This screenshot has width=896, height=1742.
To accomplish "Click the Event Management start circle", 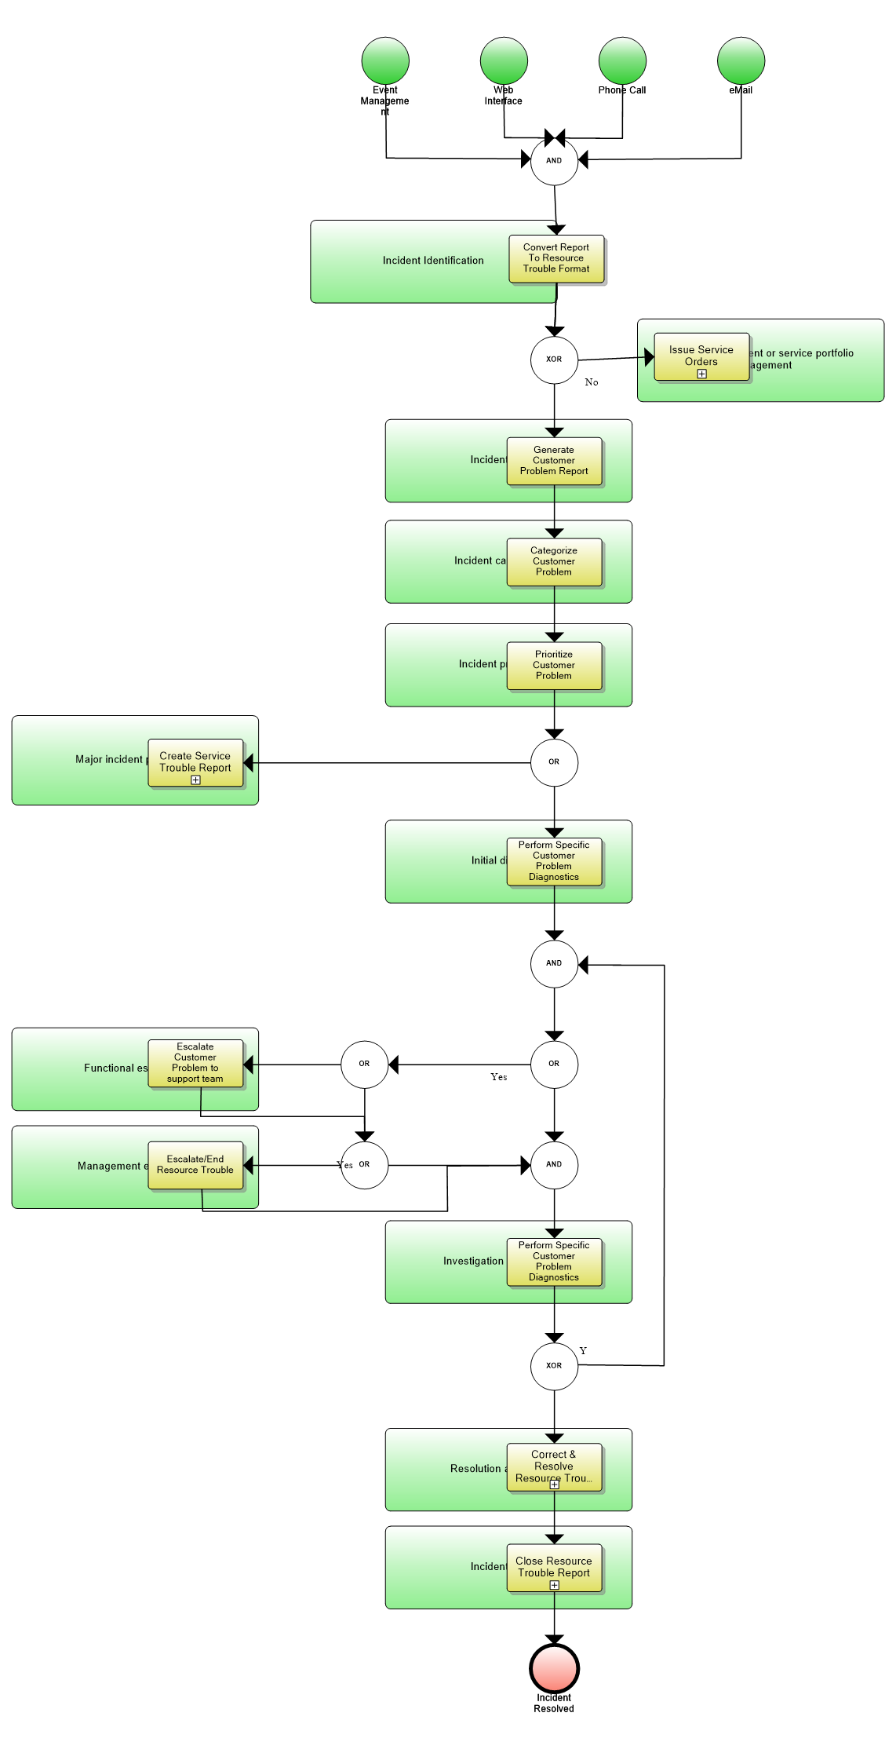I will pos(385,60).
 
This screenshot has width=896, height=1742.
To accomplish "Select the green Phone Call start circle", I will pos(622,60).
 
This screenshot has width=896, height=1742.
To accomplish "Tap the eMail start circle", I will pos(741,60).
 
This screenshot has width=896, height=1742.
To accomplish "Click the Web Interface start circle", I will pos(504,60).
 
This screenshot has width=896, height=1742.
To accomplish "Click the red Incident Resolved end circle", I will pos(554,1668).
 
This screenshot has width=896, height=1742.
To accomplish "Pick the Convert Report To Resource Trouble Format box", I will pos(556,258).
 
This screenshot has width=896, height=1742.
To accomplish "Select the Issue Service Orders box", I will pos(701,356).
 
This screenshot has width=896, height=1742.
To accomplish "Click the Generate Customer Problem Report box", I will pos(554,461).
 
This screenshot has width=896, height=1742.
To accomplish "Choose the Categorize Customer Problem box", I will pos(554,561).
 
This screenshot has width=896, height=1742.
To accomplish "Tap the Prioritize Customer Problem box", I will pos(554,665).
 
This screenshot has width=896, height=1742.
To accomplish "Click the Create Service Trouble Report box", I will pos(195,762).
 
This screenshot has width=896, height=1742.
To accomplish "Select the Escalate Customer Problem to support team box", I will pos(195,1063).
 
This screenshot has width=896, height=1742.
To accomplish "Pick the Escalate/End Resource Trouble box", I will pos(195,1164).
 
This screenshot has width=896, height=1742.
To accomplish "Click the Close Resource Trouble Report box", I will pos(554,1567).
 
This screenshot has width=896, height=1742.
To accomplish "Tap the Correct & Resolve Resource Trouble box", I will pos(554,1466).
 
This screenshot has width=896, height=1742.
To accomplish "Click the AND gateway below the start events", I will pos(554,161).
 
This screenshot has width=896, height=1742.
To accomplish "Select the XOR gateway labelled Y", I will pos(554,1366).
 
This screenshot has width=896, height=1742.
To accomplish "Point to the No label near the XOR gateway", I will pos(592,382).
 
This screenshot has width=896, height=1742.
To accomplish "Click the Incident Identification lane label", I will pos(433,261).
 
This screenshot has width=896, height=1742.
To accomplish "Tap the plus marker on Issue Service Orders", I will pos(701,374).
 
